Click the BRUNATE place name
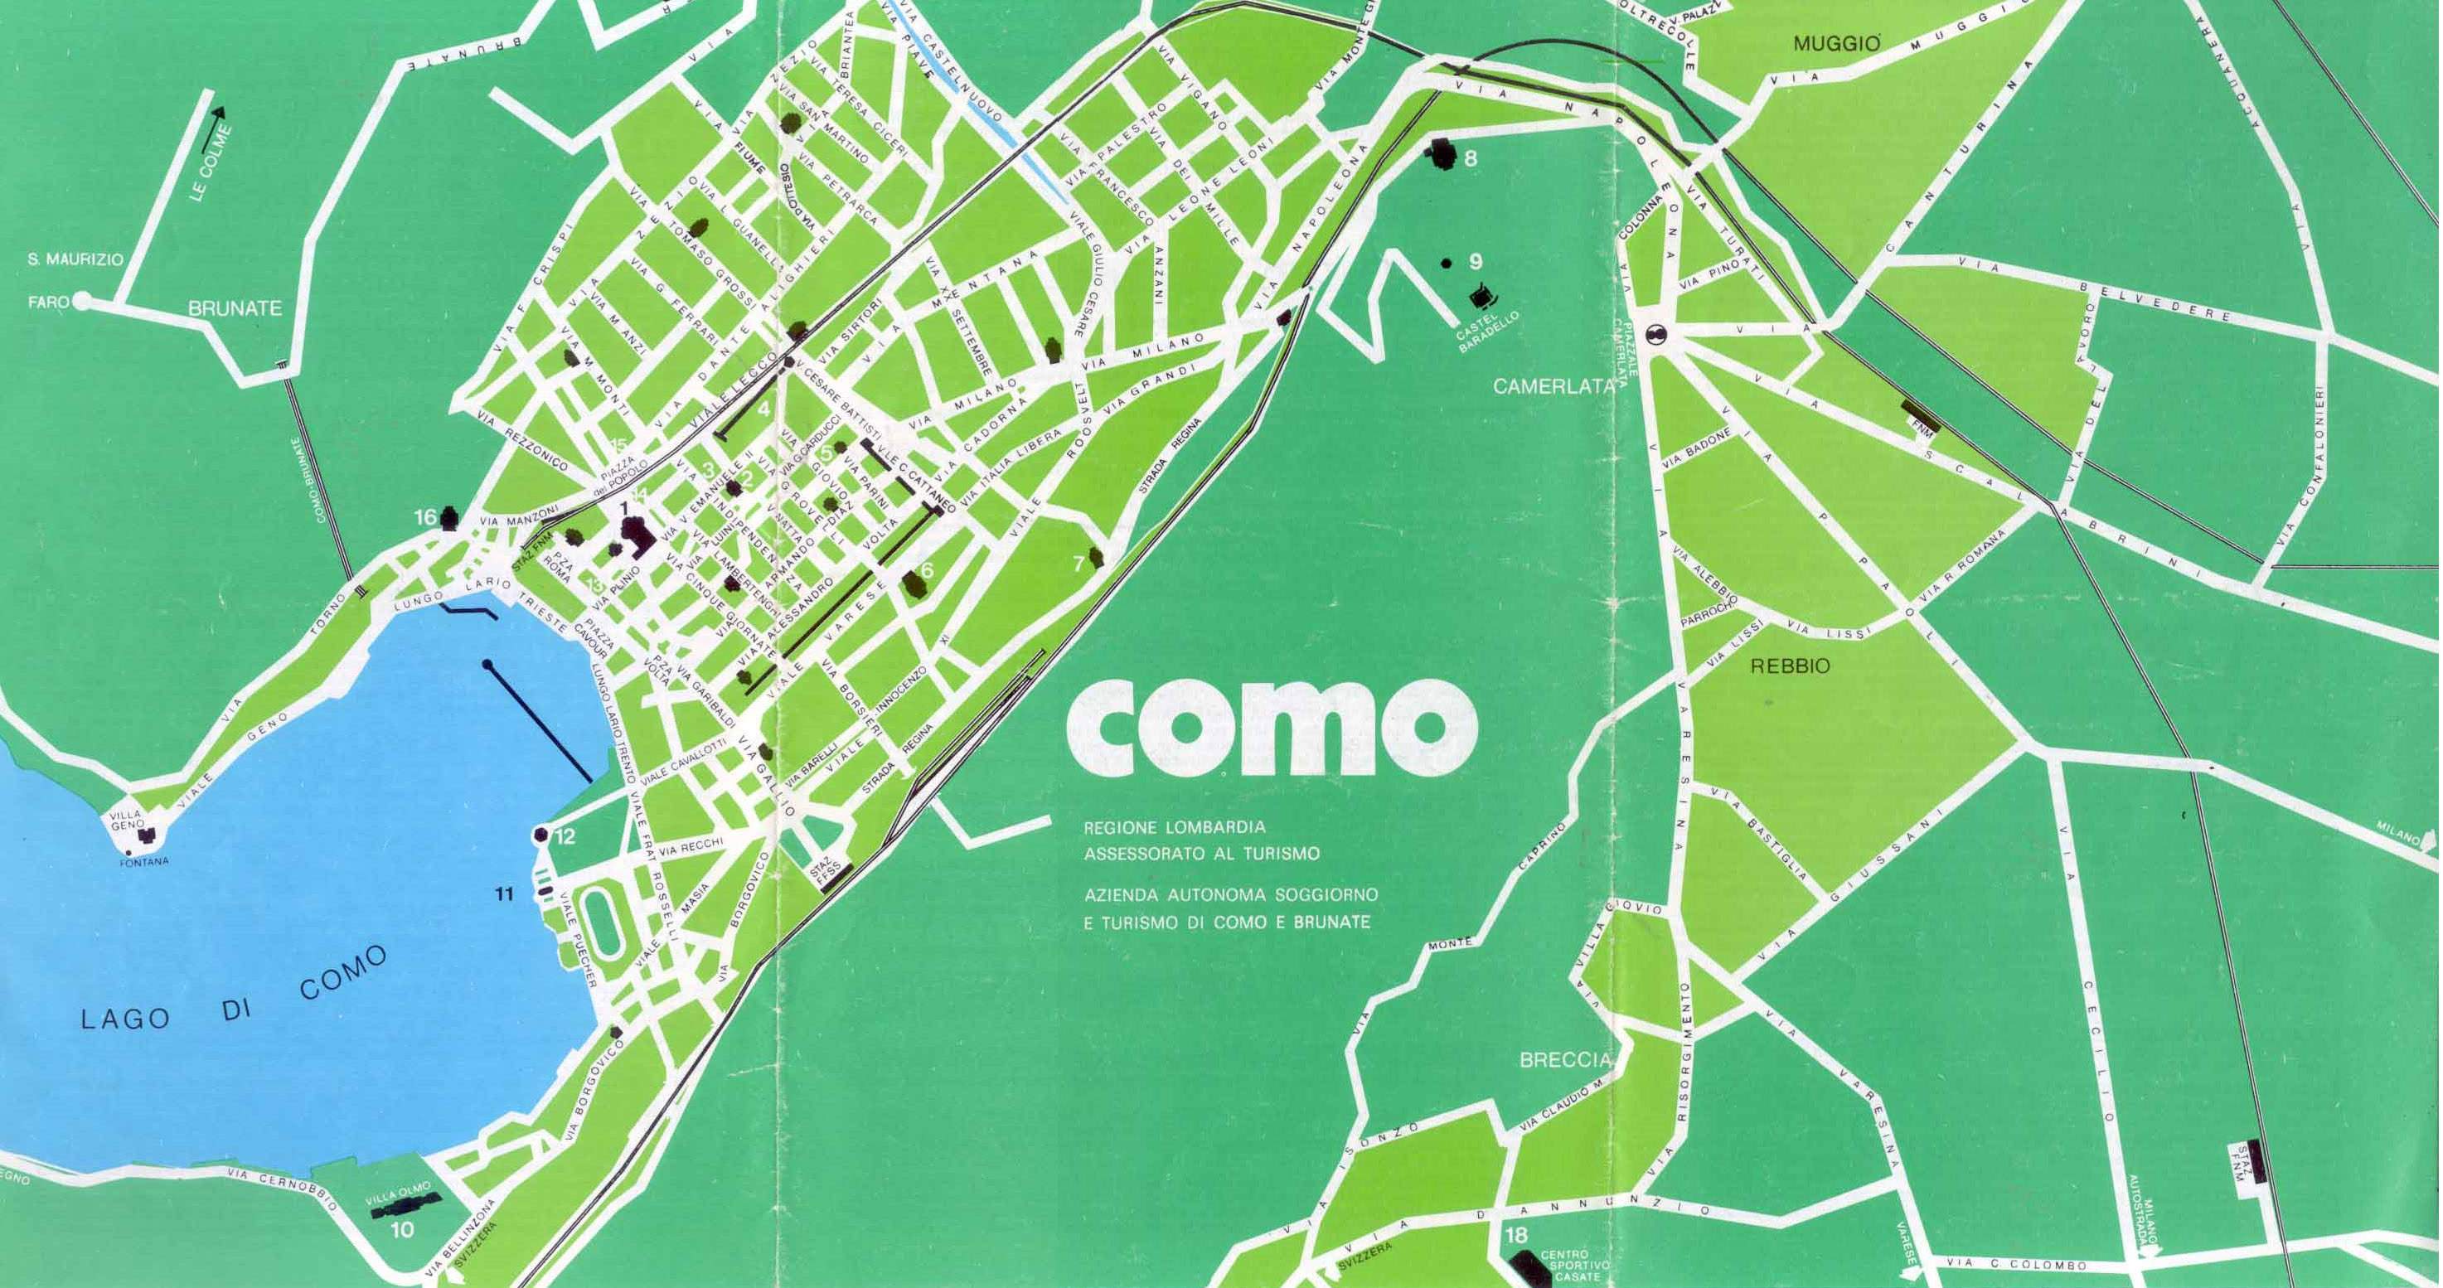click(x=235, y=308)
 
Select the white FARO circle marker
click(x=83, y=302)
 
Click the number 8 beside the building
click(x=1470, y=159)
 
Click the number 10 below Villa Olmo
click(x=402, y=1231)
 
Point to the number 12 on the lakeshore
click(x=565, y=836)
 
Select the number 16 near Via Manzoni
click(x=426, y=518)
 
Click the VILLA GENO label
click(x=125, y=821)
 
